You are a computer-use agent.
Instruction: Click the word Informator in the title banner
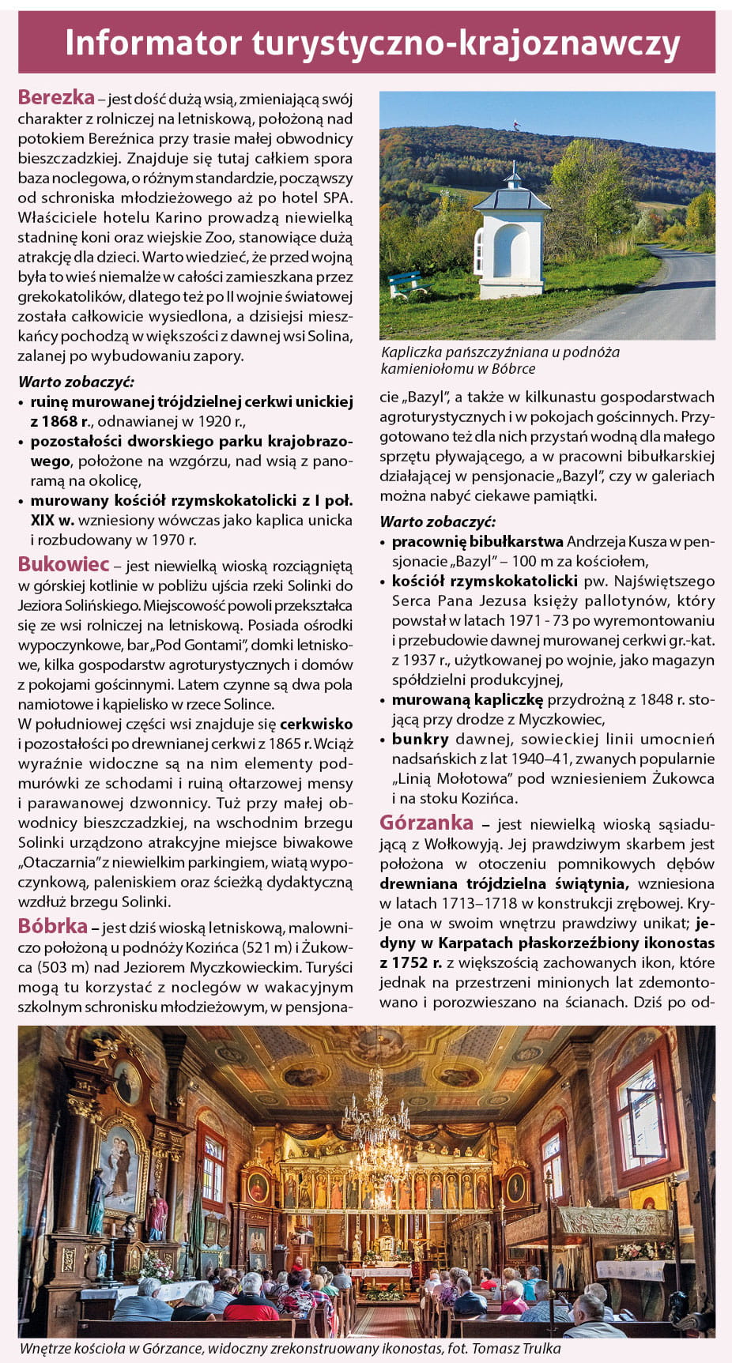153,43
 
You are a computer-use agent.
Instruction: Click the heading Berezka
56,97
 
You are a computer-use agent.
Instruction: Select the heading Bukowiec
63,564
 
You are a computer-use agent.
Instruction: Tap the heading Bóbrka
52,925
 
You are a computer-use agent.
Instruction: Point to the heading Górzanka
426,823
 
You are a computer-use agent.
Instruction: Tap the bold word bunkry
420,739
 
